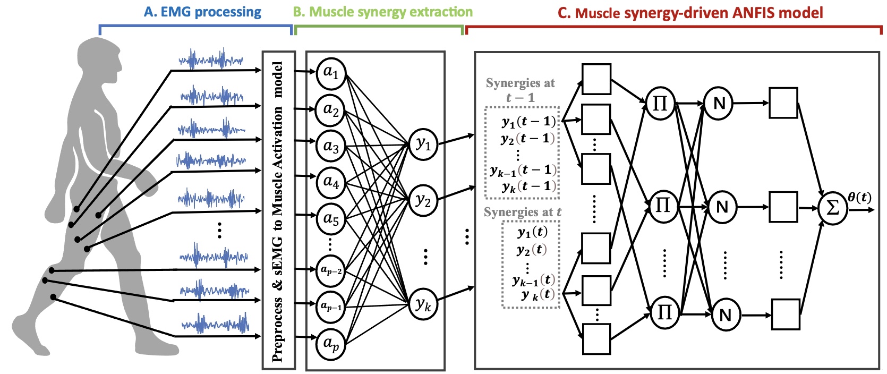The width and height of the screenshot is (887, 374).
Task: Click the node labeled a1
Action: (x=331, y=72)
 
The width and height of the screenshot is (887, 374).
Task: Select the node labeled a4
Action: (x=331, y=183)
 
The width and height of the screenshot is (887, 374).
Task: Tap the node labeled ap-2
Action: (x=331, y=270)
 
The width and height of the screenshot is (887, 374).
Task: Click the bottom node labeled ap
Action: (x=331, y=344)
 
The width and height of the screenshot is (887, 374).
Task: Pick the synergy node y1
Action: (x=423, y=144)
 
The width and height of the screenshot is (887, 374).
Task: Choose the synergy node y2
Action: (x=423, y=200)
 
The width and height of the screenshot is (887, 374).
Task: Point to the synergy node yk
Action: (x=423, y=304)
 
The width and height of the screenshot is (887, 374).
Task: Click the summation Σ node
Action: (x=832, y=209)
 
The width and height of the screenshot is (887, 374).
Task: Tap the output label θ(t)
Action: (x=859, y=197)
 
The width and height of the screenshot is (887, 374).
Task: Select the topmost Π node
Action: (x=660, y=103)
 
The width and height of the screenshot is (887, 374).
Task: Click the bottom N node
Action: (x=726, y=316)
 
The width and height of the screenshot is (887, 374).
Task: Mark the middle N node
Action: (x=722, y=207)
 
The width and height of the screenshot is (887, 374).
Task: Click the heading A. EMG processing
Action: (x=202, y=12)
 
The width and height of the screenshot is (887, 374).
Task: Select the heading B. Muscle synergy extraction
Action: (x=382, y=12)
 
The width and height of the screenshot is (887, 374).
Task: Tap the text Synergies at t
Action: (x=522, y=212)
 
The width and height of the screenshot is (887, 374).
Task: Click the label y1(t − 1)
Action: (x=528, y=122)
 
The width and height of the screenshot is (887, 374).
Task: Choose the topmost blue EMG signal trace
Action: (x=211, y=59)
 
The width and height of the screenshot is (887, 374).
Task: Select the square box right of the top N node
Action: (x=783, y=103)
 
